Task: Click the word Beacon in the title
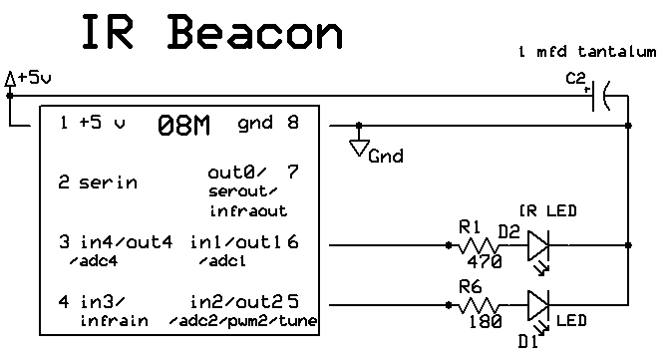(255, 32)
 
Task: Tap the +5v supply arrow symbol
(10, 80)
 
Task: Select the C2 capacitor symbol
(601, 96)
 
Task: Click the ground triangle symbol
(359, 149)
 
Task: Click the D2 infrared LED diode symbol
(538, 245)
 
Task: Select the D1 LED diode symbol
(538, 305)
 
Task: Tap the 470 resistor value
(485, 261)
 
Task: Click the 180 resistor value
(486, 321)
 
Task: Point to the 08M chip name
(183, 126)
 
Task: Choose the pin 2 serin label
(98, 182)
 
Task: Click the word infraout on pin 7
(248, 210)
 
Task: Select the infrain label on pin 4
(114, 320)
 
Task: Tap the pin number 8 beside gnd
(293, 122)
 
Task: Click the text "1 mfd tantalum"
(587, 52)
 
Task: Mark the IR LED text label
(548, 210)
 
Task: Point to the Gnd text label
(386, 157)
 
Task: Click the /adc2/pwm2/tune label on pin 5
(243, 321)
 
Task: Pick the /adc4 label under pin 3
(93, 261)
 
